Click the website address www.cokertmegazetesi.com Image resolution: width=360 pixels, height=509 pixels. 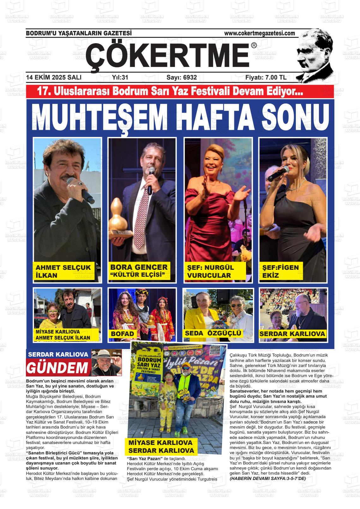259,33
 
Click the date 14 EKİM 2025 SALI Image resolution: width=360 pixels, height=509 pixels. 54,77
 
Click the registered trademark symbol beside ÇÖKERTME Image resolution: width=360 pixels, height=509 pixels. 254,46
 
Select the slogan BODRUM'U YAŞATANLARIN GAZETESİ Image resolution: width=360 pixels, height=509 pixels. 79,33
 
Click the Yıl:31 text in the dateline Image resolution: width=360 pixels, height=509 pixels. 120,77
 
